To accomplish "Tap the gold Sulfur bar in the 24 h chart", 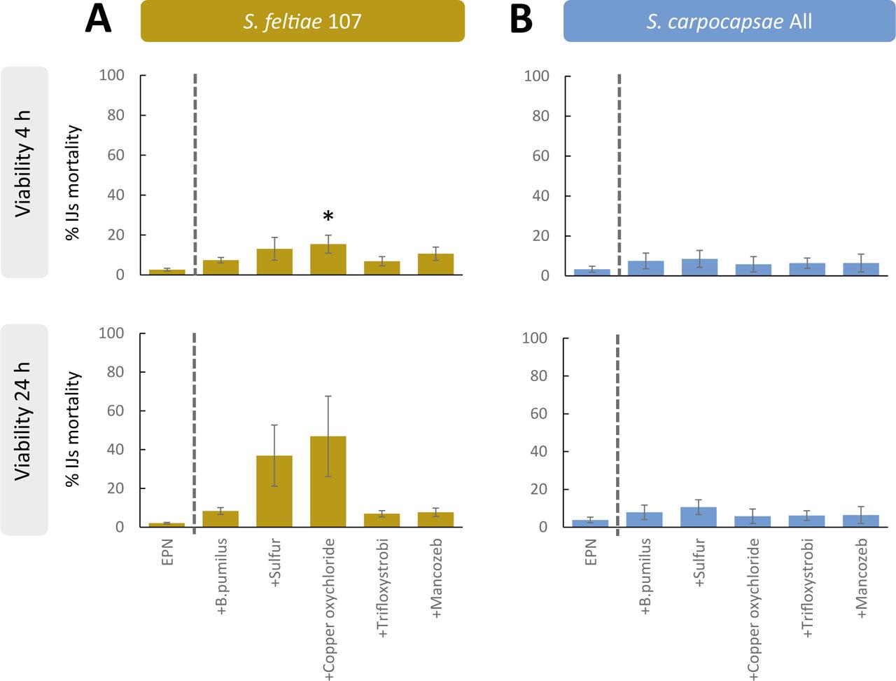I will pyautogui.click(x=274, y=491).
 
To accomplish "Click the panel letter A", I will pyautogui.click(x=98, y=20).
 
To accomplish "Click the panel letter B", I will pyautogui.click(x=521, y=20).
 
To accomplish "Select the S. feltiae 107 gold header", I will pyautogui.click(x=302, y=21).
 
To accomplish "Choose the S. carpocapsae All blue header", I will pyautogui.click(x=729, y=21).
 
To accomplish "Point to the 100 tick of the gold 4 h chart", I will pyautogui.click(x=112, y=76).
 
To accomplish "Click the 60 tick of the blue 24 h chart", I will pyautogui.click(x=536, y=413).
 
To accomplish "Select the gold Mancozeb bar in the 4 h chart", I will pyautogui.click(x=435, y=264).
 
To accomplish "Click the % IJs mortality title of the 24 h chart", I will pyautogui.click(x=73, y=429).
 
